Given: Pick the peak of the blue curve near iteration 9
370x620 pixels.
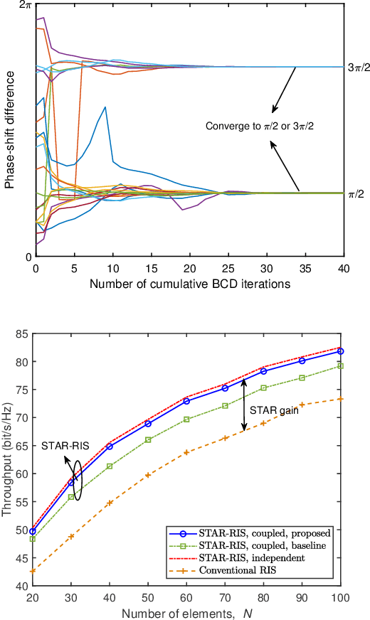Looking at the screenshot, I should click(105, 107).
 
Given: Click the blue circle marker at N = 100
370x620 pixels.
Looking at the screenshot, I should click(341, 351).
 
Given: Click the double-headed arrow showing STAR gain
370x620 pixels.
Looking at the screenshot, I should click(244, 405).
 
